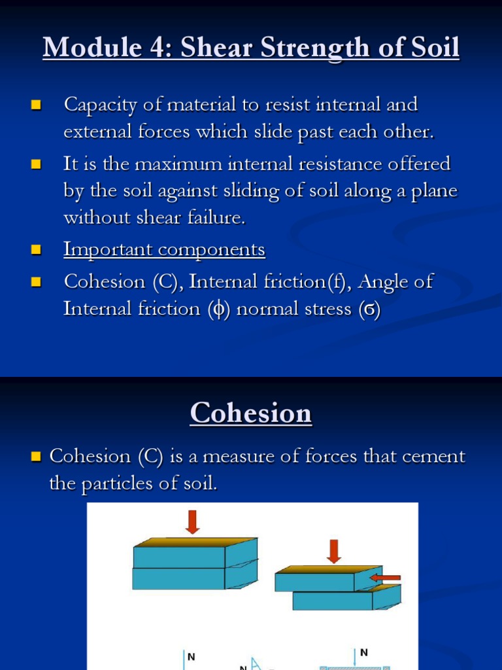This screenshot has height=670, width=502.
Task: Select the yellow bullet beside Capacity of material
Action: point(36,105)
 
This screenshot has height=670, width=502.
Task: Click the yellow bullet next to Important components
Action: point(36,249)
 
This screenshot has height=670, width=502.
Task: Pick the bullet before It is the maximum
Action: point(36,164)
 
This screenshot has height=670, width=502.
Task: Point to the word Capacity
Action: point(99,105)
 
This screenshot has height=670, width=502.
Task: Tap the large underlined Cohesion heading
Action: point(251,414)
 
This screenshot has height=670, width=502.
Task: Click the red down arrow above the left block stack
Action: point(192,521)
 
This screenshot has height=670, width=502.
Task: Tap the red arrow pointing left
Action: point(385,578)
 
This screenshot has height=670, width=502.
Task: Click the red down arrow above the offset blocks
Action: point(334,551)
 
